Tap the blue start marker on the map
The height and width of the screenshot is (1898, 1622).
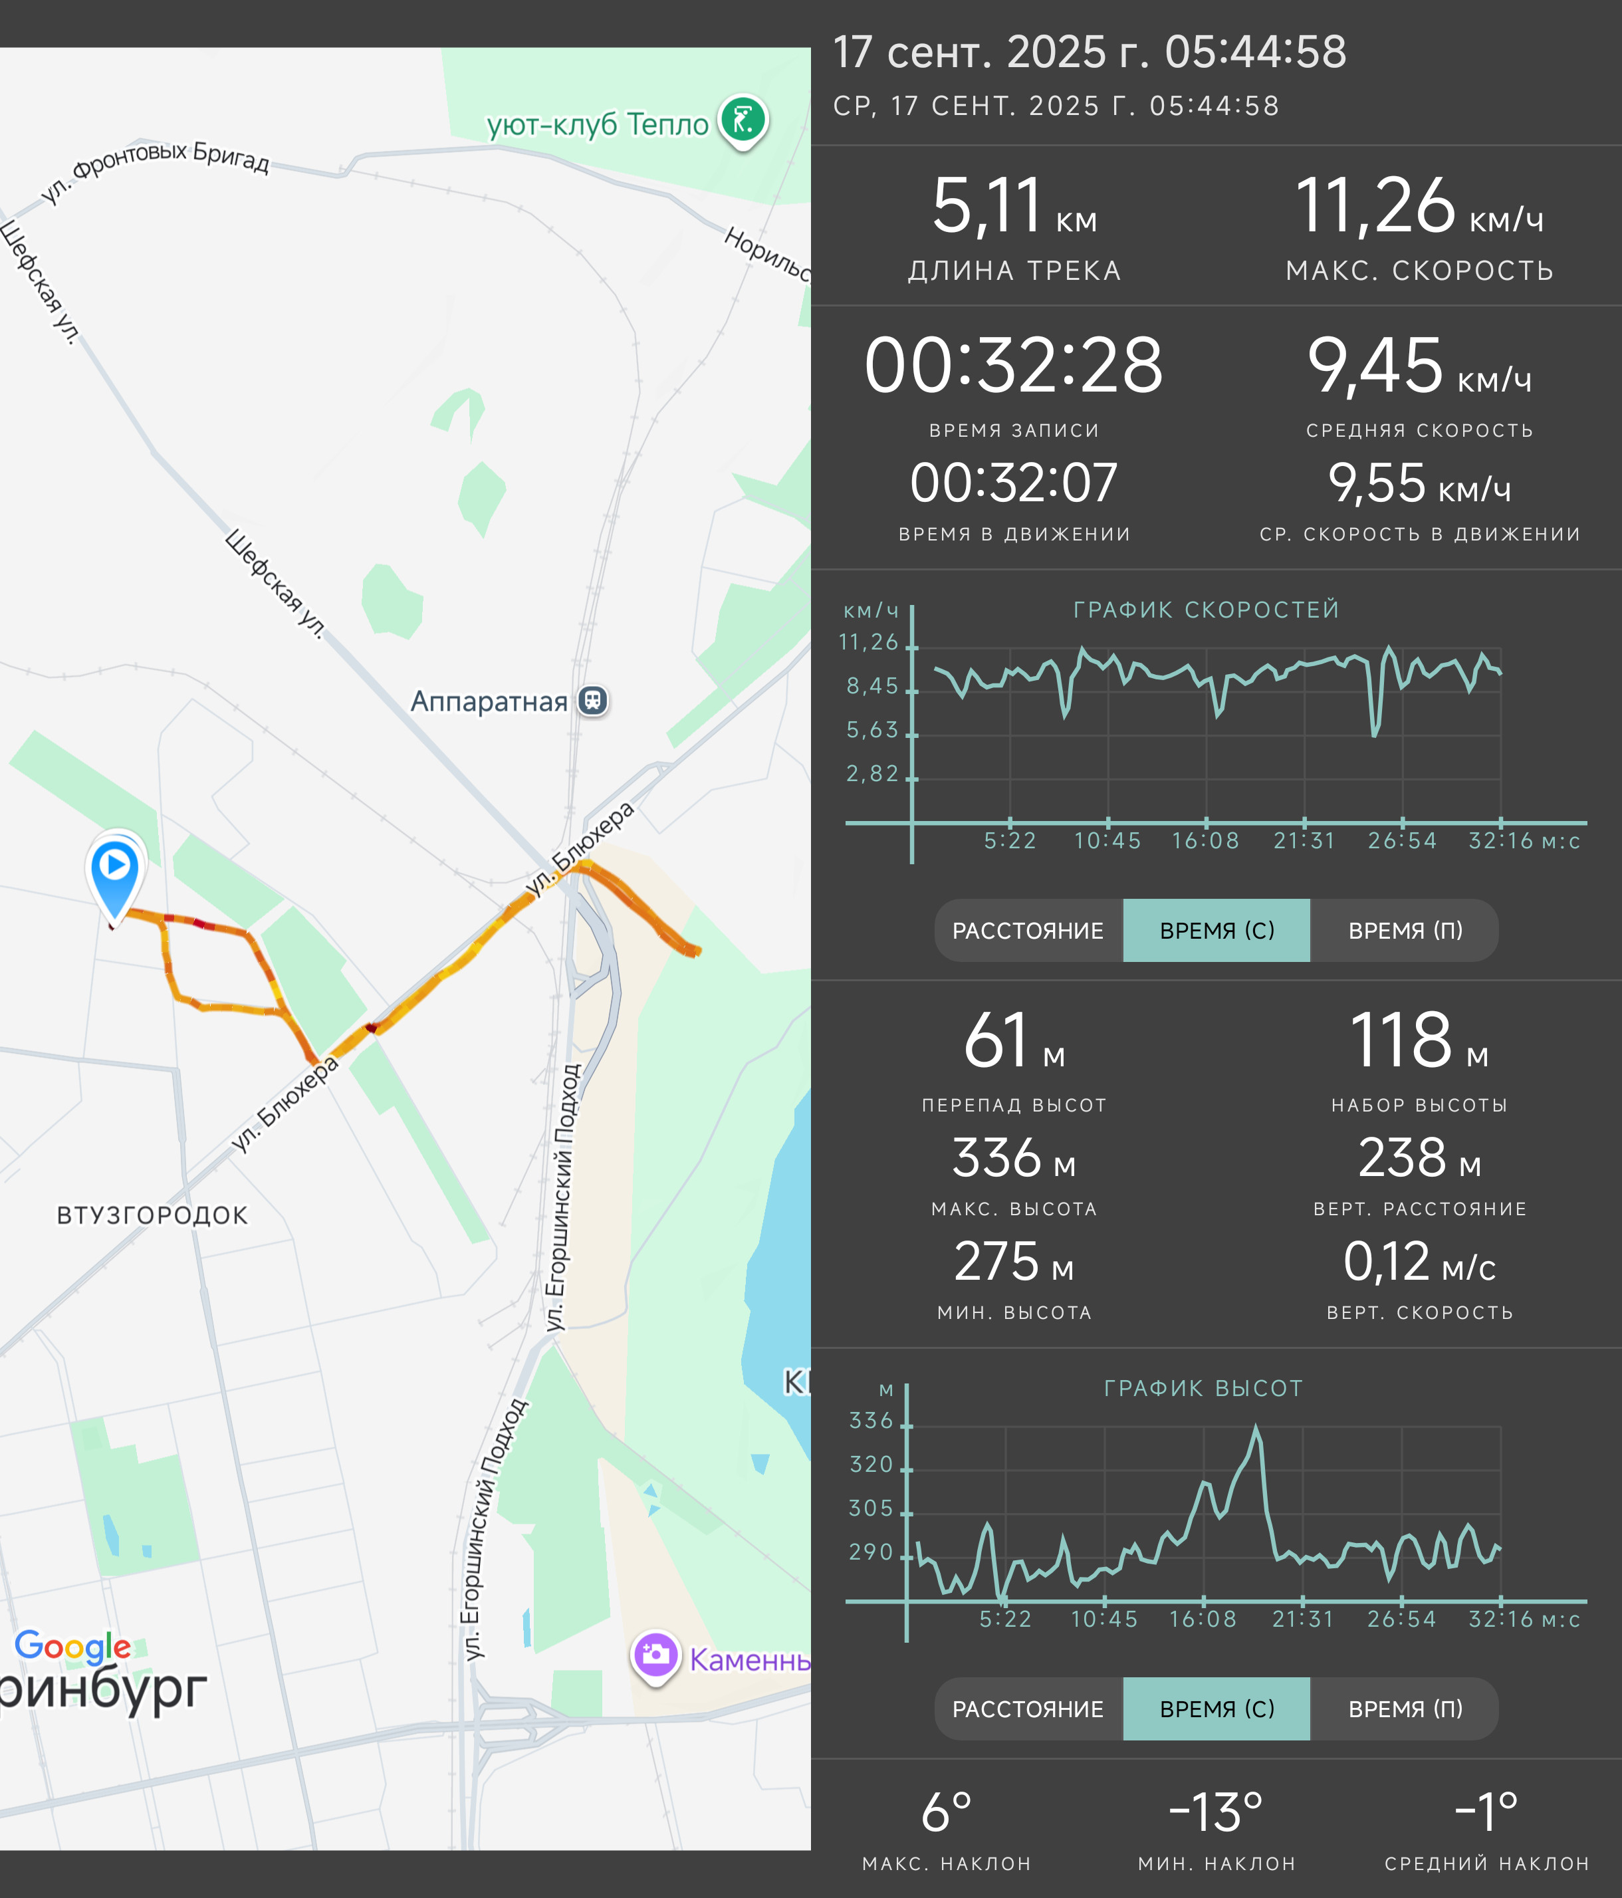tap(114, 875)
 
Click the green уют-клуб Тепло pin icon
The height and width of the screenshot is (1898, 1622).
tap(743, 122)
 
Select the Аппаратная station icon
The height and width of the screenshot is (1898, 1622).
tap(594, 701)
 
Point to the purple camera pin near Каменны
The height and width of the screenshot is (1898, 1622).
tap(655, 1657)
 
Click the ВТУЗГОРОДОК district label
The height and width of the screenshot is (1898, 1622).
tap(152, 1215)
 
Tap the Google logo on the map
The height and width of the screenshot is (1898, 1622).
tap(72, 1646)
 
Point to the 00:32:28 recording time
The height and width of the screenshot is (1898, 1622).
tap(1014, 366)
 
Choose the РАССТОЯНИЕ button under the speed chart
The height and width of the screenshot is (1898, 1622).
tap(1028, 931)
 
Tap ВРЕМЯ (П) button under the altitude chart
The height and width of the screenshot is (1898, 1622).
tap(1405, 1709)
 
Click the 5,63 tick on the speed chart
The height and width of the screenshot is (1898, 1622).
tap(872, 730)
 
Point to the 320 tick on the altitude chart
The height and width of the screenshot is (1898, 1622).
tap(871, 1465)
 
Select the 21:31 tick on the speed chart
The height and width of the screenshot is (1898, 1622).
tap(1304, 841)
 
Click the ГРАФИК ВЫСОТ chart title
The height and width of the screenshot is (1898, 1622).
tap(1203, 1389)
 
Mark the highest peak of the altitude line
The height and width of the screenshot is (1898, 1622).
tap(1256, 1426)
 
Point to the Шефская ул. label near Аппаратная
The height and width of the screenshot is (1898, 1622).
tap(275, 584)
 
